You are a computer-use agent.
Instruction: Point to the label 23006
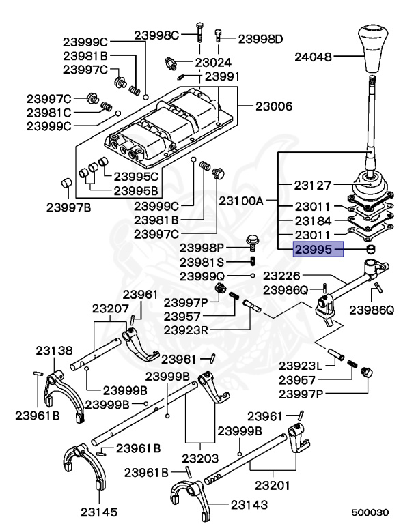274,106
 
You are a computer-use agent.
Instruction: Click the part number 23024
214,62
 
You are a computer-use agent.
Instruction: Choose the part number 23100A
242,202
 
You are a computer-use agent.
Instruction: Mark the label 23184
313,221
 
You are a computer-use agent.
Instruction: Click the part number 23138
54,351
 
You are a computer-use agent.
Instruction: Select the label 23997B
68,207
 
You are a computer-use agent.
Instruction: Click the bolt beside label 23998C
198,31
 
